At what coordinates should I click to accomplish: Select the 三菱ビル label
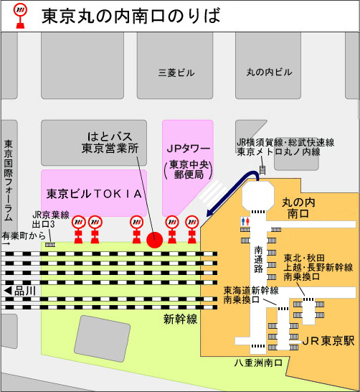(176, 73)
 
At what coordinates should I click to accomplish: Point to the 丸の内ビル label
(269, 73)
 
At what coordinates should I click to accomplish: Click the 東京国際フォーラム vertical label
(9, 179)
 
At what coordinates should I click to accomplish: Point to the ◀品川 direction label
(22, 291)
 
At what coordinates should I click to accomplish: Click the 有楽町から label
(23, 235)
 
